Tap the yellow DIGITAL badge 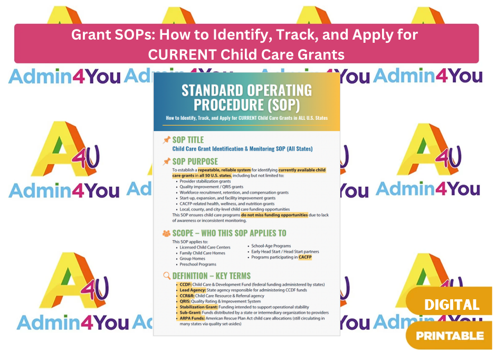(451, 305)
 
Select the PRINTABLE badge (450, 335)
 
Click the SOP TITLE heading (188, 140)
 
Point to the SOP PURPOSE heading (195, 161)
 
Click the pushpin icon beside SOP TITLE (166, 140)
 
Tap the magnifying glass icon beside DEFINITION (167, 275)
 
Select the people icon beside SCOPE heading (166, 233)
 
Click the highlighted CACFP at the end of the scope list (305, 257)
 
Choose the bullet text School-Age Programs (271, 245)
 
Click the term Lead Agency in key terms (189, 290)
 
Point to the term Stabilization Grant (198, 307)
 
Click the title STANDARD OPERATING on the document (246, 90)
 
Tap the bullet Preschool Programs (198, 264)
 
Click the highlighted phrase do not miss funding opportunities (274, 215)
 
